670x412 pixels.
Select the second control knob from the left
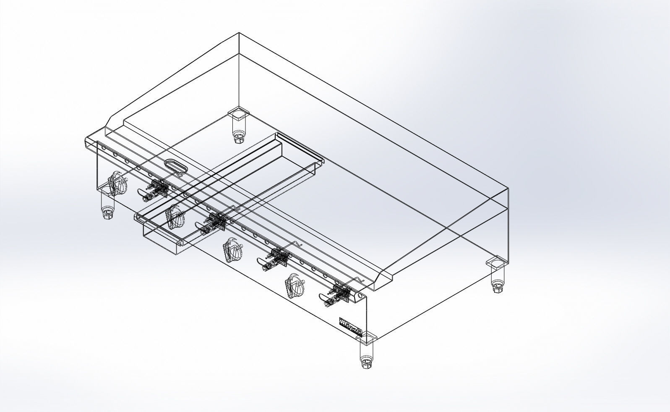[x=175, y=217]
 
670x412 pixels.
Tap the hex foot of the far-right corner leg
[x=498, y=289]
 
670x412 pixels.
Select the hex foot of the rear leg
[x=239, y=137]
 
